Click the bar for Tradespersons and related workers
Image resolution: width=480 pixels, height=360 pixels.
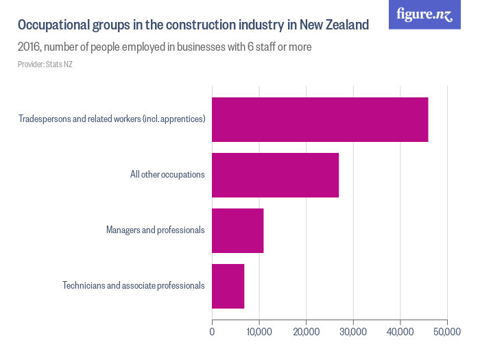320,119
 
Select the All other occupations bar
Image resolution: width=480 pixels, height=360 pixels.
275,175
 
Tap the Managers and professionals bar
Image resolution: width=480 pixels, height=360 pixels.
237,230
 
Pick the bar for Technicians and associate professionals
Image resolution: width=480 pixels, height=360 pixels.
228,286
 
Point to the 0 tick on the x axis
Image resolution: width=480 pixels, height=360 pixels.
212,332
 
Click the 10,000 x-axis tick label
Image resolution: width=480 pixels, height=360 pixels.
259,332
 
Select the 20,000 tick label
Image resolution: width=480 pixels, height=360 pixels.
306,332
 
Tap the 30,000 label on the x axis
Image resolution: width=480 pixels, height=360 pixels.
352,332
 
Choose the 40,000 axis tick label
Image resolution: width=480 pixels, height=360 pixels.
400,332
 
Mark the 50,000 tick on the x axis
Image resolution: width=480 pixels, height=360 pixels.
446,332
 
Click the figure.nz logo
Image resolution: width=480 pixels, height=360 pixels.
424,14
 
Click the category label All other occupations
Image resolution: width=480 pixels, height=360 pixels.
167,175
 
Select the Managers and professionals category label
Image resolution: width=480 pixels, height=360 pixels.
155,230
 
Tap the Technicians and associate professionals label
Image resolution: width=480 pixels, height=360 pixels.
133,286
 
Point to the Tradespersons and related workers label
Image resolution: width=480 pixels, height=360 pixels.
112,119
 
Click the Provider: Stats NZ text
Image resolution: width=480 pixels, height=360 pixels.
45,64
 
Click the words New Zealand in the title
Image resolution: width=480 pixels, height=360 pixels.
334,25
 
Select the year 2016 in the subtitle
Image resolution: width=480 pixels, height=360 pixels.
29,47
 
